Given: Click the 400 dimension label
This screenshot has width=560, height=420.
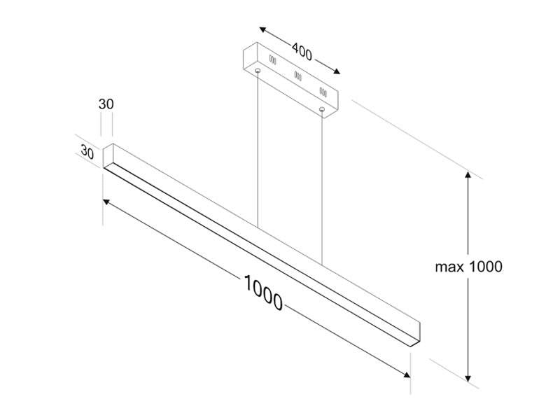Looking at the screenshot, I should click(302, 51).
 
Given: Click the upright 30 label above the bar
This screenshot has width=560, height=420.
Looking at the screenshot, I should click(106, 104).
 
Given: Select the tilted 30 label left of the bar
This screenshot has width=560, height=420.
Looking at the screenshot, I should click(87, 151).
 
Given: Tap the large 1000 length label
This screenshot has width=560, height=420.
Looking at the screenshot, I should click(263, 293).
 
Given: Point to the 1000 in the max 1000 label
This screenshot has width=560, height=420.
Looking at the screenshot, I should click(484, 267).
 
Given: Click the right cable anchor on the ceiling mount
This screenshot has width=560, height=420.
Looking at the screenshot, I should click(322, 109).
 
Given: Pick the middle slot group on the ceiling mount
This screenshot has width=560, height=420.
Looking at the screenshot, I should click(297, 75).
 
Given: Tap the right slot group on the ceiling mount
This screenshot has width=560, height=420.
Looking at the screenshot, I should click(323, 91).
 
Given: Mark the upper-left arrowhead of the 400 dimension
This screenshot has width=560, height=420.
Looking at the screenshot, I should click(262, 30).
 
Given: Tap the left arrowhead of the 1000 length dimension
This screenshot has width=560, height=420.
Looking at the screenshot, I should click(107, 202).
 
